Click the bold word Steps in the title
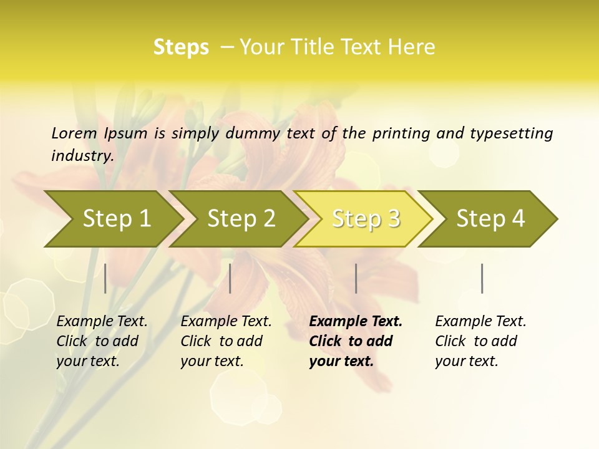(181, 47)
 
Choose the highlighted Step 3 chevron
(366, 218)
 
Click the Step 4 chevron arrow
(490, 218)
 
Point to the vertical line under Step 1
(105, 278)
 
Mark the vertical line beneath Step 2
(230, 278)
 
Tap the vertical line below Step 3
(356, 278)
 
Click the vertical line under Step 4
(482, 278)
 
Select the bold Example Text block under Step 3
(356, 341)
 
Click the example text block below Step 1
(102, 341)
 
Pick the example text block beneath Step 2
(226, 341)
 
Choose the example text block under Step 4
(480, 341)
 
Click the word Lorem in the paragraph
(74, 133)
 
